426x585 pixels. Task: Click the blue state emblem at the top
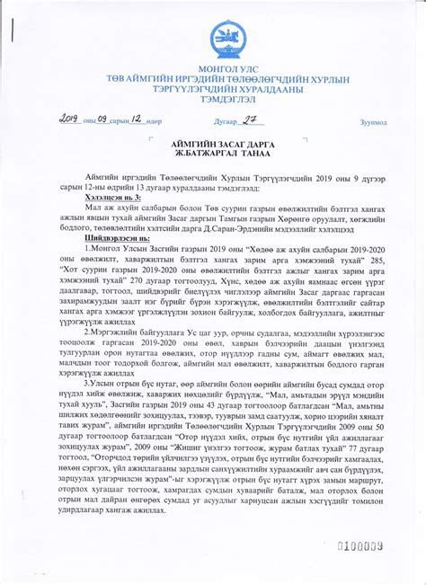(x=225, y=41)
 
